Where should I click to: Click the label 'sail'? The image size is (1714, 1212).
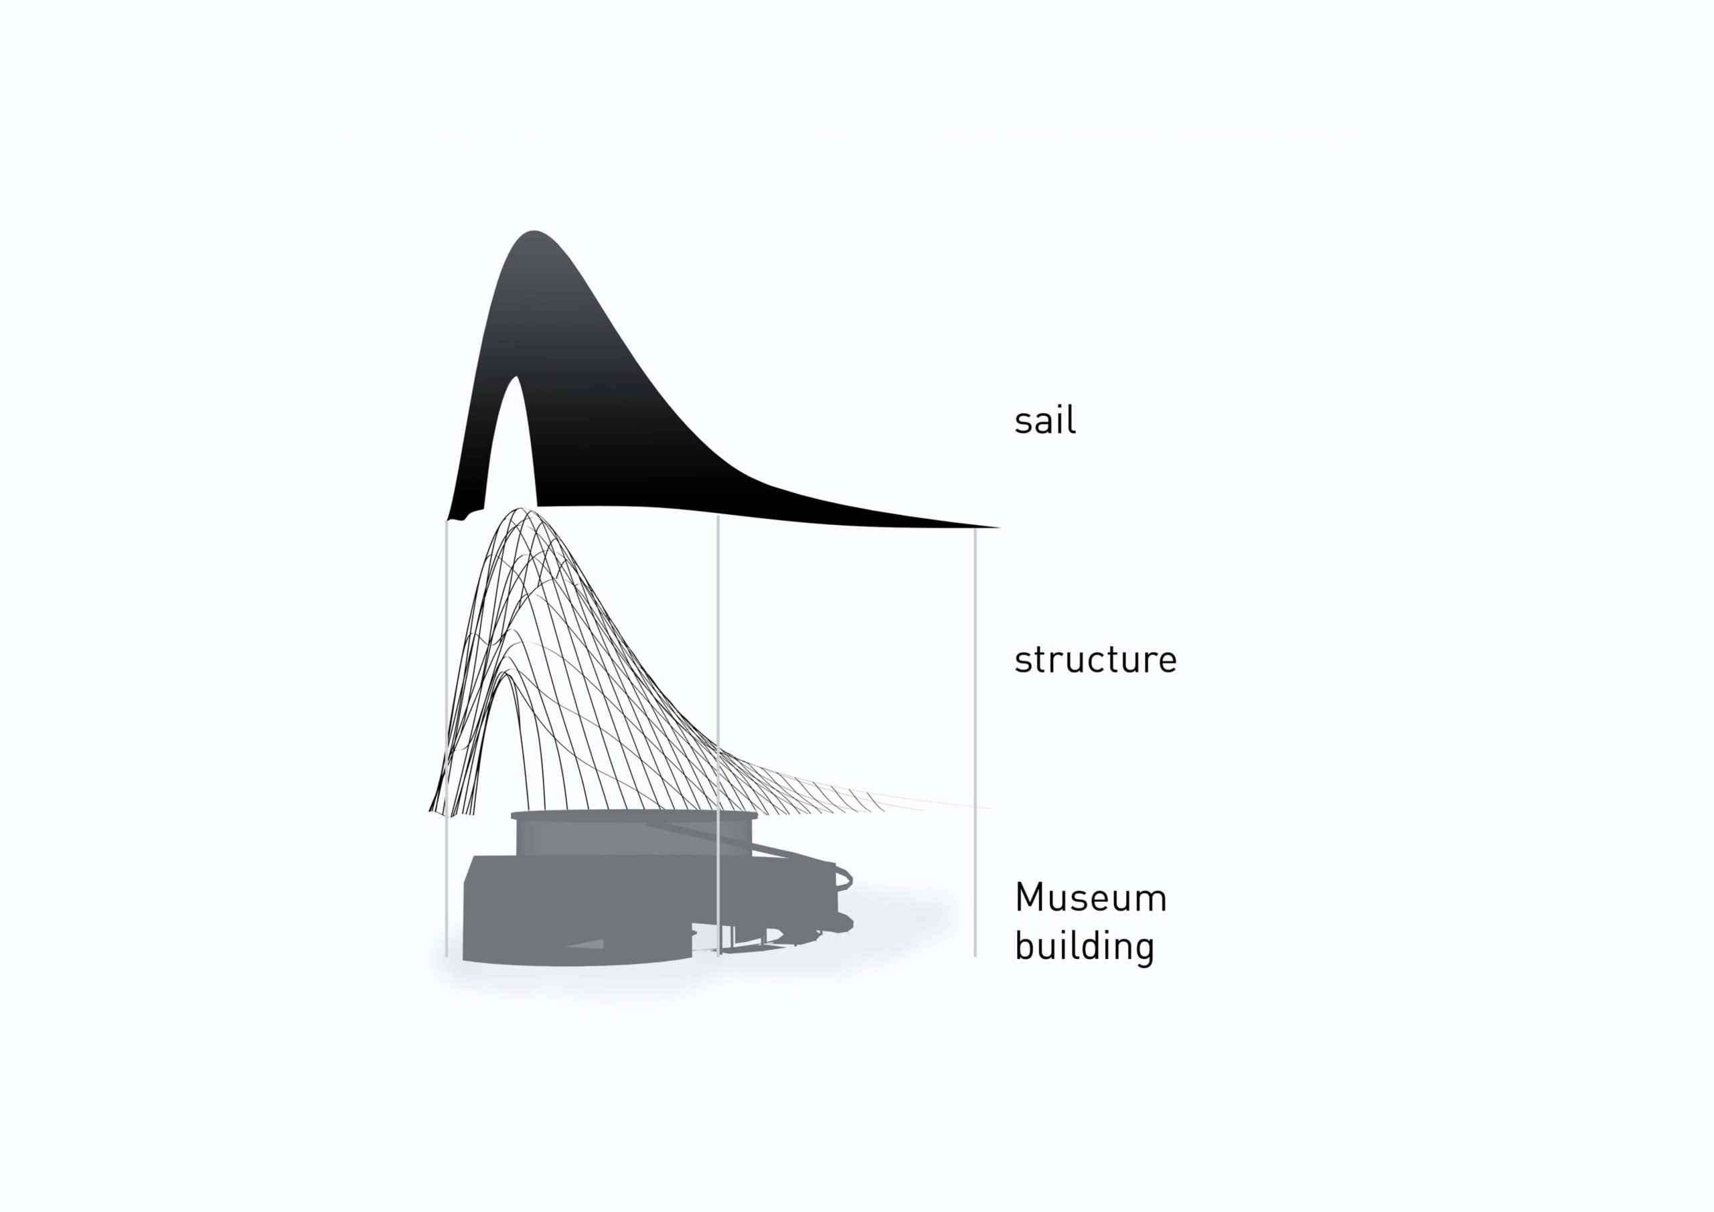pyautogui.click(x=1044, y=420)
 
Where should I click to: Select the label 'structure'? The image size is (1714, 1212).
pyautogui.click(x=1095, y=660)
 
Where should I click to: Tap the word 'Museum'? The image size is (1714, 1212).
pyautogui.click(x=1091, y=897)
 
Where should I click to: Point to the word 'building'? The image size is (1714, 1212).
pyautogui.click(x=1085, y=946)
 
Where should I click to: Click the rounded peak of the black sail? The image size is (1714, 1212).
pyautogui.click(x=533, y=232)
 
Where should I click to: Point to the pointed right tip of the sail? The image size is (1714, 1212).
pyautogui.click(x=999, y=528)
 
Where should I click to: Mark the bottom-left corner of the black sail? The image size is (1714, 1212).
pyautogui.click(x=447, y=520)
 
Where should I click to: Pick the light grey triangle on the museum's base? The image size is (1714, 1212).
pyautogui.click(x=586, y=944)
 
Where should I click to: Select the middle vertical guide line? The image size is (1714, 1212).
pyautogui.click(x=718, y=735)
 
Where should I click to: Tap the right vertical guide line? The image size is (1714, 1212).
pyautogui.click(x=975, y=743)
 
